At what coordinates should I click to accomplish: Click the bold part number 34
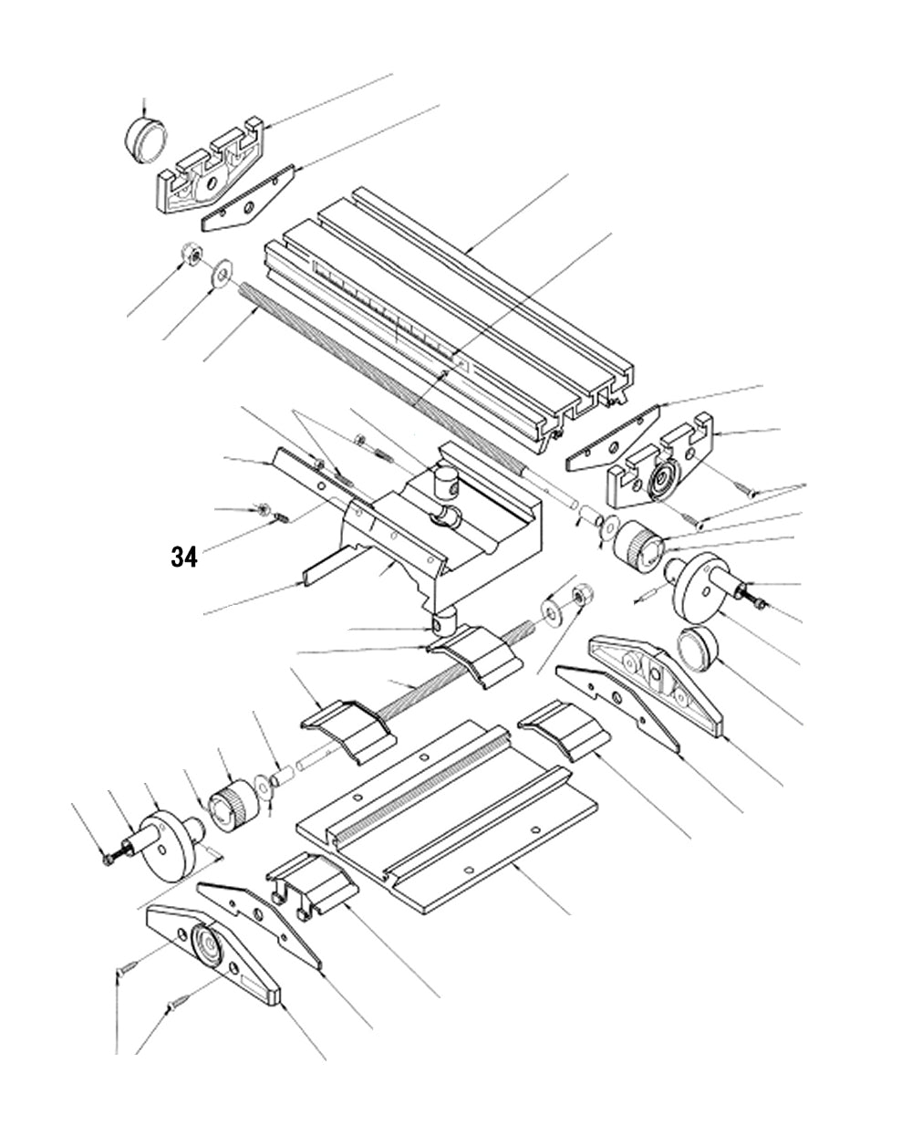click(x=183, y=557)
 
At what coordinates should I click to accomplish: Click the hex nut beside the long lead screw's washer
click(x=192, y=255)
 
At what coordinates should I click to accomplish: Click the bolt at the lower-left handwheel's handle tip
click(x=108, y=858)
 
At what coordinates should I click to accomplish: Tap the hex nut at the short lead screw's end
click(x=579, y=598)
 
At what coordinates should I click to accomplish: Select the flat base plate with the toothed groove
click(x=447, y=821)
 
